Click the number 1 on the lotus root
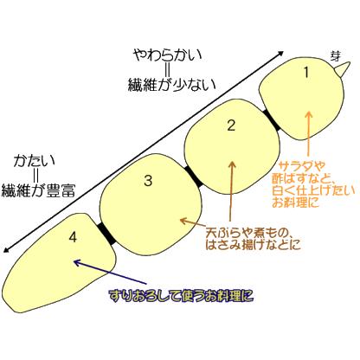click(x=306, y=72)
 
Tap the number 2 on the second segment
click(x=231, y=125)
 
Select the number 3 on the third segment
click(x=148, y=181)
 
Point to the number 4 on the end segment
click(x=74, y=237)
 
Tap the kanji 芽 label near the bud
click(x=336, y=55)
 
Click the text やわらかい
click(x=168, y=55)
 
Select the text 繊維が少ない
click(x=172, y=85)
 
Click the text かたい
click(x=35, y=161)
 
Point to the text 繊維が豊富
click(x=38, y=190)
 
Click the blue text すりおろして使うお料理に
click(x=181, y=295)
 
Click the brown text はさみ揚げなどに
click(x=253, y=245)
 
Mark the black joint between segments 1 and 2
click(x=272, y=120)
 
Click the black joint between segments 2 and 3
click(x=194, y=177)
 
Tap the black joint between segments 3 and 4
click(x=107, y=234)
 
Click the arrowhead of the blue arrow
click(x=77, y=262)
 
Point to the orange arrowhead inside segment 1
click(x=309, y=114)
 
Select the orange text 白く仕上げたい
click(x=314, y=190)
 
